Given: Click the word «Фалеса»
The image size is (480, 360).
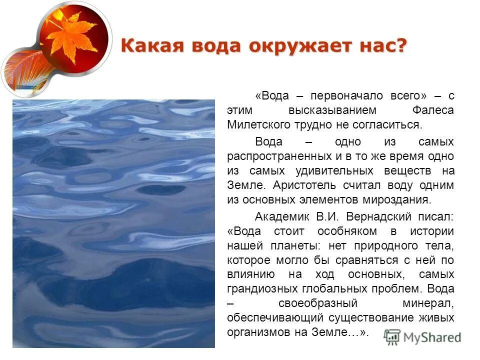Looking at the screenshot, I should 434,110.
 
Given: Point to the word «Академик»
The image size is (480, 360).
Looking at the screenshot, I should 282,217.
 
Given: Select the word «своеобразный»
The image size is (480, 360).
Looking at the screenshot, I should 318,303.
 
